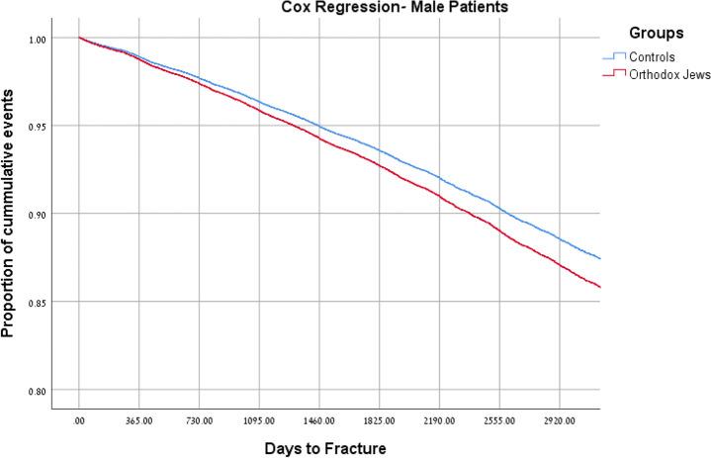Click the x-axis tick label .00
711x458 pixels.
pyautogui.click(x=79, y=420)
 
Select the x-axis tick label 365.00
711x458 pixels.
pyautogui.click(x=139, y=420)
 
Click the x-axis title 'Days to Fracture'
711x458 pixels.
pyautogui.click(x=324, y=447)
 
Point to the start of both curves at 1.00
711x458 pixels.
pyautogui.click(x=79, y=38)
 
